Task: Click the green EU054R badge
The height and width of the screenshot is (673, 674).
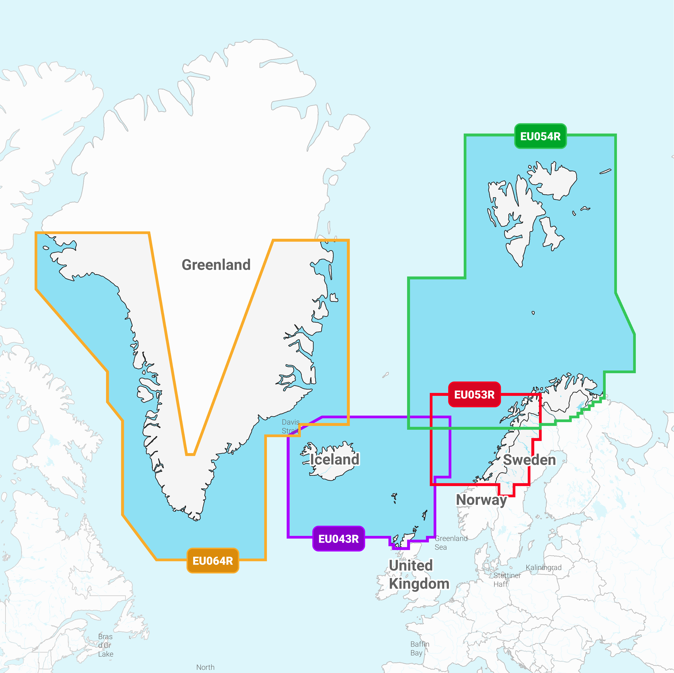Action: pos(540,136)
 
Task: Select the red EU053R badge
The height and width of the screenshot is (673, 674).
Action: pos(474,395)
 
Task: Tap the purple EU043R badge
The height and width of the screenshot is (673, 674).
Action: pos(338,539)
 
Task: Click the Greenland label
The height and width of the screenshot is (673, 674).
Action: pos(216,265)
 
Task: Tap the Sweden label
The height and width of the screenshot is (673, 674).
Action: pos(529,460)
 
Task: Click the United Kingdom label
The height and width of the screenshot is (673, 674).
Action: pos(419,574)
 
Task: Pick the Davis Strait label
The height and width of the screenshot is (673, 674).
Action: pos(290,426)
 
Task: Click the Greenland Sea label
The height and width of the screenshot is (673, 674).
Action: pos(451,543)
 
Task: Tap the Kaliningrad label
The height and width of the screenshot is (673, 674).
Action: pos(543,567)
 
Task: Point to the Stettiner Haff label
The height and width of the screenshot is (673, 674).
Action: pos(507,580)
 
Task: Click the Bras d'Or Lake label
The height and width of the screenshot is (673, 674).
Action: pos(105,645)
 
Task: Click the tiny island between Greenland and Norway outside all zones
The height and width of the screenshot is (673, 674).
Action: pos(386,375)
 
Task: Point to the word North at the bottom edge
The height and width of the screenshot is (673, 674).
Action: pos(205,667)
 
